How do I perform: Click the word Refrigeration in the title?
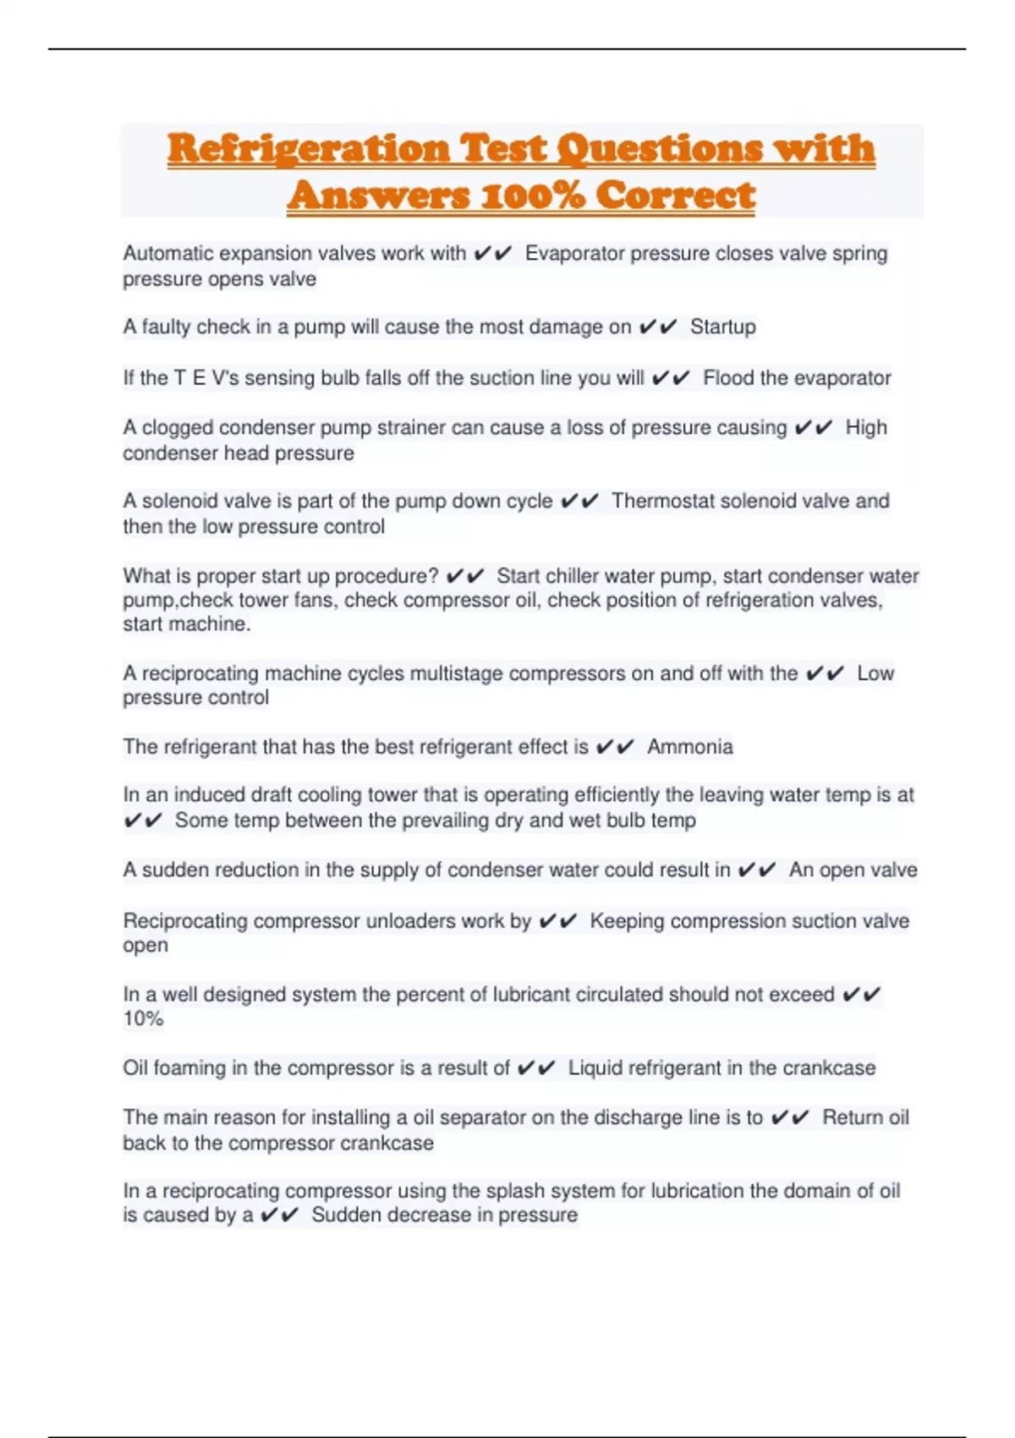pos(308,149)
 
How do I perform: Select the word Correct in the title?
pos(675,195)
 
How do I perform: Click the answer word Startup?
pos(722,327)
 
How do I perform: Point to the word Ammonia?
pos(689,747)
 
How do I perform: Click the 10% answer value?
pos(143,1018)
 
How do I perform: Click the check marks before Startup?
pos(658,327)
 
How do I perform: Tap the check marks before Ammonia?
pos(615,747)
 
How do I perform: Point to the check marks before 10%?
pos(862,995)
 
